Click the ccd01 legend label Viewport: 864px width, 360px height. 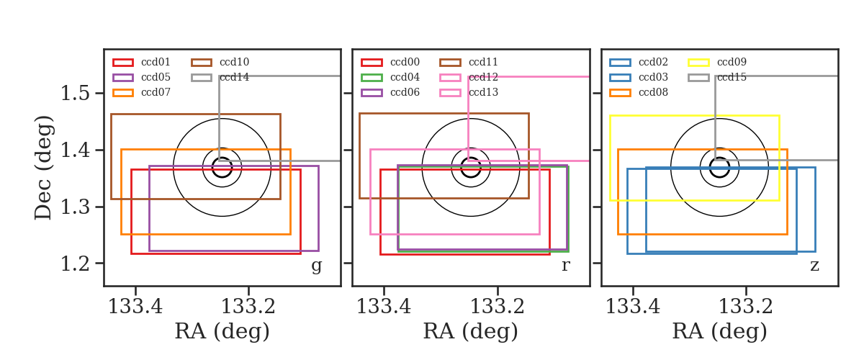pyautogui.click(x=156, y=62)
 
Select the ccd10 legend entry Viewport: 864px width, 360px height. pyautogui.click(x=234, y=62)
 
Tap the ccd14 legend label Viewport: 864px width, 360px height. pyautogui.click(x=234, y=77)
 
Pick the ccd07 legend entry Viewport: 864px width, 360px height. pyautogui.click(x=156, y=92)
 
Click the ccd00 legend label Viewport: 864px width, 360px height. pyautogui.click(x=405, y=62)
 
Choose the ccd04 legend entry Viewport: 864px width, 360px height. pyautogui.click(x=405, y=77)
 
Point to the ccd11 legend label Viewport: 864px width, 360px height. pyautogui.click(x=483, y=62)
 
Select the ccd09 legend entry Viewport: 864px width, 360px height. pyautogui.click(x=732, y=62)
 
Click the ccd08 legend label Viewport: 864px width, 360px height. pyautogui.click(x=653, y=92)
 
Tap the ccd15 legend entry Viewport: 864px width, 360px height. pyautogui.click(x=732, y=77)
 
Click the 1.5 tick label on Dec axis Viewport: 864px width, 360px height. pyautogui.click(x=75, y=94)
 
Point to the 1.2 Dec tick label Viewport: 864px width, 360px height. pyautogui.click(x=75, y=264)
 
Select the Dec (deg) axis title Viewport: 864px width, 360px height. pyautogui.click(x=42, y=168)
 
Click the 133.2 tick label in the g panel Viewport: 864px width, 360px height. pyautogui.click(x=248, y=307)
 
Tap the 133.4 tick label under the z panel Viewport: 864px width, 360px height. pyautogui.click(x=633, y=307)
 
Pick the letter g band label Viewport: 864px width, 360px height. pyautogui.click(x=316, y=266)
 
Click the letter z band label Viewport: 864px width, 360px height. pyautogui.click(x=814, y=266)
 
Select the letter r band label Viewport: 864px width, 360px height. pyautogui.click(x=565, y=266)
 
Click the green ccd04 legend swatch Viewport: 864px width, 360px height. pyautogui.click(x=372, y=78)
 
